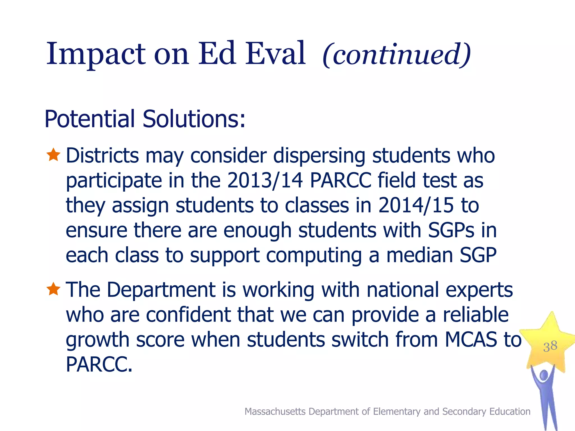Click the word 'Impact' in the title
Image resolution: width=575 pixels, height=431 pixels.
click(x=95, y=54)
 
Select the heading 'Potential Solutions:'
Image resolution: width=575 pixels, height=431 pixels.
click(x=145, y=119)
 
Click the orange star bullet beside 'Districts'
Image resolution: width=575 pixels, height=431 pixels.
click(x=53, y=155)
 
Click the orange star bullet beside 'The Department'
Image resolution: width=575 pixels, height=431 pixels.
click(x=53, y=289)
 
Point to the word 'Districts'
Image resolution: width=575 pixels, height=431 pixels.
click(x=102, y=155)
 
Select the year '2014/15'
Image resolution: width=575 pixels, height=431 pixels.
click(x=416, y=205)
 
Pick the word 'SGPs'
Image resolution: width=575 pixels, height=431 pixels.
click(x=451, y=230)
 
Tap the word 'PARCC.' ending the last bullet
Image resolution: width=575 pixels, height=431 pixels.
click(x=99, y=364)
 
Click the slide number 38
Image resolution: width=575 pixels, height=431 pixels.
click(x=550, y=346)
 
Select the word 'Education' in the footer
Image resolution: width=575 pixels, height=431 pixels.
click(x=510, y=411)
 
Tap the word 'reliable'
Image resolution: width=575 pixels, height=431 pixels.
click(x=476, y=315)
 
